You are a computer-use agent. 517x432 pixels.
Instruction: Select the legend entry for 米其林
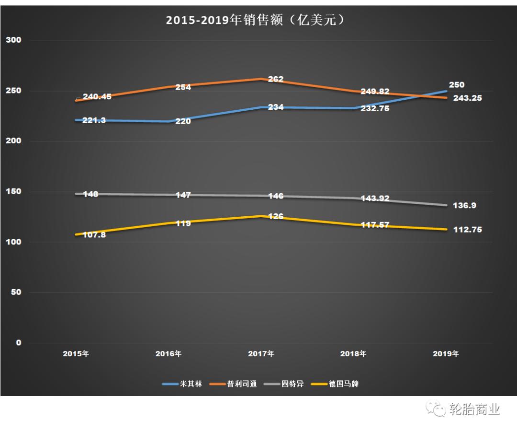(184, 384)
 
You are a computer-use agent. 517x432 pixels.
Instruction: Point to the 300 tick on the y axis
(14, 40)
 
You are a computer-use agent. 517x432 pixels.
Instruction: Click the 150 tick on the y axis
(14, 192)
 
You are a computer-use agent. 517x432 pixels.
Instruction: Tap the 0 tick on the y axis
(19, 342)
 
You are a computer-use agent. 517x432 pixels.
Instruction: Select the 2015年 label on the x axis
(76, 354)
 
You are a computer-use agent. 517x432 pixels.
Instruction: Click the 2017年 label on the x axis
(261, 354)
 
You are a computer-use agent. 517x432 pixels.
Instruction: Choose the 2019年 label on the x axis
(446, 354)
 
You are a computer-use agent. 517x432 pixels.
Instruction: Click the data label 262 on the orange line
(276, 79)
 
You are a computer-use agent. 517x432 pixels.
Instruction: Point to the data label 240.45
(97, 96)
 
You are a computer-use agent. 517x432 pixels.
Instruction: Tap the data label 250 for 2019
(456, 85)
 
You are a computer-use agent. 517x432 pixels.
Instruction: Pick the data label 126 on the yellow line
(276, 217)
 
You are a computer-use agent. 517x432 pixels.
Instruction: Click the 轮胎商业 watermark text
(475, 409)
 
